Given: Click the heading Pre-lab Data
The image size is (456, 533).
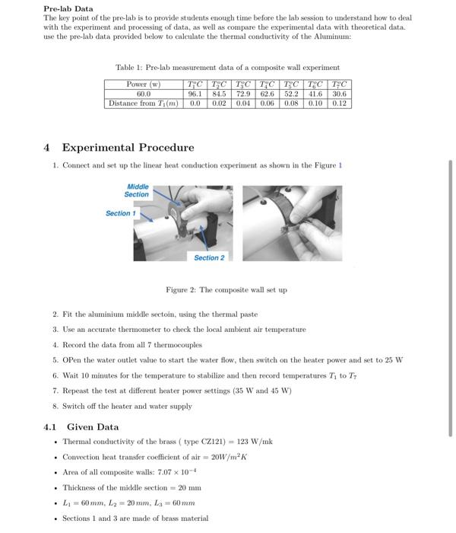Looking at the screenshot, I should tap(68, 8).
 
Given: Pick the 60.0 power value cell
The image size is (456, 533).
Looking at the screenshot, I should tap(143, 94).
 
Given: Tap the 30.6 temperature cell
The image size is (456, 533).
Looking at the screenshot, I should tap(339, 94).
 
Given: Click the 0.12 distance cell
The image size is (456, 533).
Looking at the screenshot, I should tap(339, 103).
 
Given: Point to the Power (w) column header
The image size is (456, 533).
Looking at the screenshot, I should tap(143, 85).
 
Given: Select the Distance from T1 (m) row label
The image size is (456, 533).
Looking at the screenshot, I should tap(143, 103).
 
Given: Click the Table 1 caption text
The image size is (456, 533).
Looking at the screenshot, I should tap(227, 68).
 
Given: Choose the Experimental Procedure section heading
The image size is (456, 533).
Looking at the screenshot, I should tap(127, 147).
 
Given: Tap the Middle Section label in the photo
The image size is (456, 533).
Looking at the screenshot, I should tap(137, 190).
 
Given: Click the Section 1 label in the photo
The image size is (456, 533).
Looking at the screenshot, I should tap(120, 213).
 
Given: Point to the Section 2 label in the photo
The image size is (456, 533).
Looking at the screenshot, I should tap(209, 258).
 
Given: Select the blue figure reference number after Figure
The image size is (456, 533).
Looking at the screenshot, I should tap(340, 165).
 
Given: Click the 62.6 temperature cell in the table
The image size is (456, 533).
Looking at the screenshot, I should tap(267, 94).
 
